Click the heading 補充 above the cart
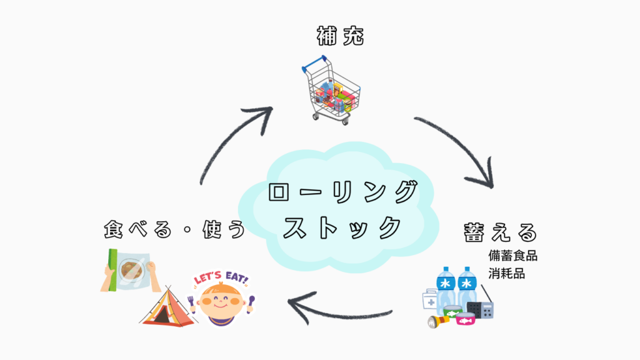tap(339, 37)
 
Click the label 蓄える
tap(500, 232)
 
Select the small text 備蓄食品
tap(513, 256)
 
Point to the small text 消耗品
tap(507, 274)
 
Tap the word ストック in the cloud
tap(341, 227)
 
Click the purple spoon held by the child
tap(250, 303)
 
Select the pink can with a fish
tap(465, 319)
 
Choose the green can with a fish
tap(452, 310)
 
